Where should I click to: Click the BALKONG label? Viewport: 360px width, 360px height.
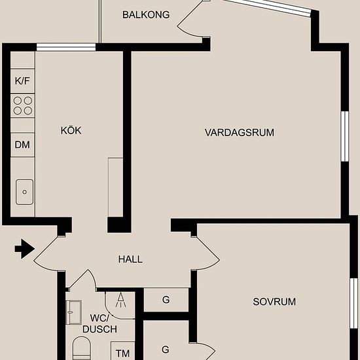(x=146, y=14)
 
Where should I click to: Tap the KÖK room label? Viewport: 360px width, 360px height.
(x=71, y=130)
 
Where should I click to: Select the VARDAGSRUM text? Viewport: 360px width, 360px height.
(x=240, y=132)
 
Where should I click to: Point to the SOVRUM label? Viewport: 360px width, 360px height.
(x=274, y=302)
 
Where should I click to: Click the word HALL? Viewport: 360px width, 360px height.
(x=130, y=259)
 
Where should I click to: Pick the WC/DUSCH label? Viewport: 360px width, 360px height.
(x=99, y=323)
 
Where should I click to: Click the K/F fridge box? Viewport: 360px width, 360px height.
(x=22, y=81)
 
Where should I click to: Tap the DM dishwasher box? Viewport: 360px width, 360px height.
(x=22, y=145)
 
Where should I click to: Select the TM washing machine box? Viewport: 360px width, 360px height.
(x=123, y=351)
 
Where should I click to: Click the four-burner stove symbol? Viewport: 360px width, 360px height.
(x=22, y=105)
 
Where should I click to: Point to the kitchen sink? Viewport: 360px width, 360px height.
(x=24, y=192)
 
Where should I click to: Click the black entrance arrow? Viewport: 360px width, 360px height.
(x=25, y=249)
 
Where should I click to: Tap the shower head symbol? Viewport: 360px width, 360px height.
(x=121, y=300)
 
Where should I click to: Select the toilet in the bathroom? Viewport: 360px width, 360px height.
(x=81, y=348)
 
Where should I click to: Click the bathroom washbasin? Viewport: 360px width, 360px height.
(x=74, y=312)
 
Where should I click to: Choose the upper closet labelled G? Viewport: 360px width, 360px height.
(x=166, y=300)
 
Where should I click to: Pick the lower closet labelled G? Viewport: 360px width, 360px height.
(x=166, y=340)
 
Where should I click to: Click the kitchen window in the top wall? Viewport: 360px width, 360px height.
(x=66, y=47)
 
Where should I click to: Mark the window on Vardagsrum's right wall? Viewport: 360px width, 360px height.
(x=345, y=136)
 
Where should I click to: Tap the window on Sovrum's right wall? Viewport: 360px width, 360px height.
(x=354, y=303)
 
